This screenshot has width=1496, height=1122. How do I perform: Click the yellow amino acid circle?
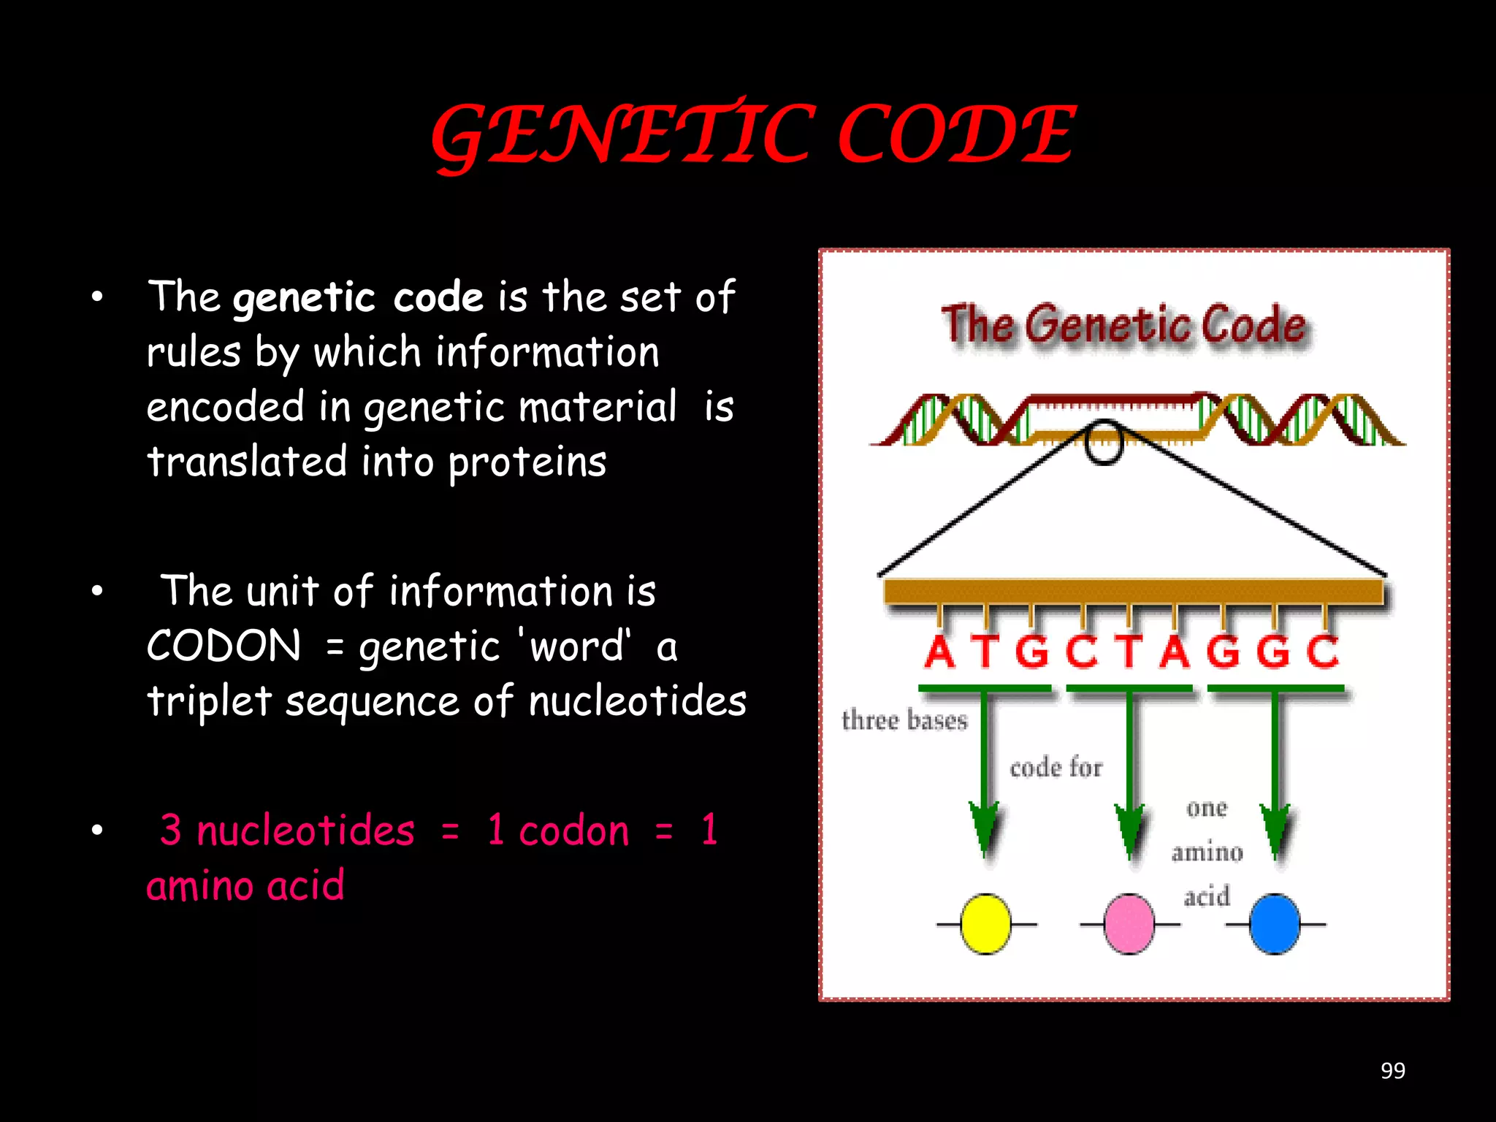tap(985, 924)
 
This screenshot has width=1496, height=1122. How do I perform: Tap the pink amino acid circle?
tap(1129, 924)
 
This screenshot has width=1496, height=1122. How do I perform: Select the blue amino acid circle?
tap(1275, 924)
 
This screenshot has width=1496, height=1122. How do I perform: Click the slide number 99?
tap(1392, 1070)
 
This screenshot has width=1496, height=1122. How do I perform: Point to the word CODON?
tap(224, 646)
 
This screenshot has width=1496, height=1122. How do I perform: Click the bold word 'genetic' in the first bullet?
tap(304, 298)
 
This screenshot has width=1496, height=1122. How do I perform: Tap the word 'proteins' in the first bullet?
tap(527, 462)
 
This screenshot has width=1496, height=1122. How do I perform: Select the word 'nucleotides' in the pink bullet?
tap(305, 831)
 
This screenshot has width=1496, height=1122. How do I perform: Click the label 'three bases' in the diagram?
tap(904, 720)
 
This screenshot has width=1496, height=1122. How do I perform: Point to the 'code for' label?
tap(1056, 768)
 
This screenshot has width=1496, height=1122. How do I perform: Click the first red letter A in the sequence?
tap(939, 652)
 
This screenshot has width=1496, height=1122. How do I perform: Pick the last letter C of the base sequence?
tap(1323, 652)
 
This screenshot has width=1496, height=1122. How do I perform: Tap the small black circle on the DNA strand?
tap(1103, 443)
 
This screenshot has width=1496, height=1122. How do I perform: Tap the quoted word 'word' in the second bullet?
tap(576, 646)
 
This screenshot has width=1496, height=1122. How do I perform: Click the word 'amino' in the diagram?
tap(1207, 852)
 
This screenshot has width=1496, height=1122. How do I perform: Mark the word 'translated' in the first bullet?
tap(247, 462)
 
